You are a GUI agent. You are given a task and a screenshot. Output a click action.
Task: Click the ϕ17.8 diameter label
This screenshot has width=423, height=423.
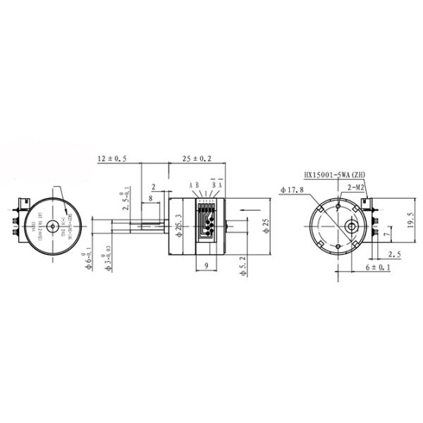292,190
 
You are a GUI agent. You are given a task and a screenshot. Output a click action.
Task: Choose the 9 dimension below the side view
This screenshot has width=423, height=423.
204,266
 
